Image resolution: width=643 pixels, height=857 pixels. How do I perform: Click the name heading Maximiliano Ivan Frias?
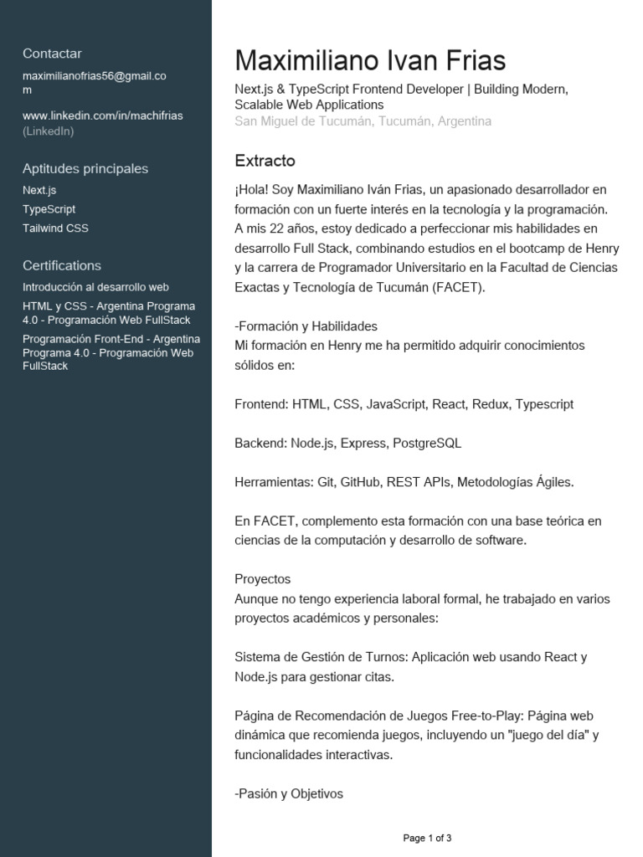[370, 61]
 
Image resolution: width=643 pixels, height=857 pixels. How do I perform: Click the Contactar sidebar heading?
[52, 54]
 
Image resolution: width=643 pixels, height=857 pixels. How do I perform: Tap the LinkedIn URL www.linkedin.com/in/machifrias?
[102, 115]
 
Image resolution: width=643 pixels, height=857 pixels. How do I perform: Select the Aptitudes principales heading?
[85, 168]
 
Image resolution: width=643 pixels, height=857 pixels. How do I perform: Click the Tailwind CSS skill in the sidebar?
[55, 228]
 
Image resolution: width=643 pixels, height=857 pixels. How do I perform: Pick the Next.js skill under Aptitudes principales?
[39, 190]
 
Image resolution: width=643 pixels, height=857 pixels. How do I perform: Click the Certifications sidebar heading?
[61, 265]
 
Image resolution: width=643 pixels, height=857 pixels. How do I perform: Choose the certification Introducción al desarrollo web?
[95, 287]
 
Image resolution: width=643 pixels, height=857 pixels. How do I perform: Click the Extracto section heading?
[265, 161]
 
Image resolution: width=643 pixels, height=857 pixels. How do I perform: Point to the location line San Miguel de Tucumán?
[363, 121]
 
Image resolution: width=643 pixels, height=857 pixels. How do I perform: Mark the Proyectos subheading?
[262, 579]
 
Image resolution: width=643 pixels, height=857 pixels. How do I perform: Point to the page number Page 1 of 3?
[427, 838]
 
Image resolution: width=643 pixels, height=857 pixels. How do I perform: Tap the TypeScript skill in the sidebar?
[49, 209]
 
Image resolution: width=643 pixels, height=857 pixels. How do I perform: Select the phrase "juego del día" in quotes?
[542, 735]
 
